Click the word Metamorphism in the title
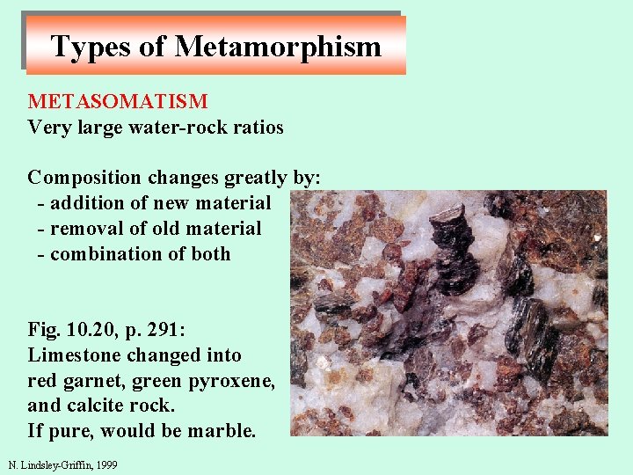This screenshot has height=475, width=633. click(278, 47)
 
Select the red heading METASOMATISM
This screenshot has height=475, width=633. click(118, 103)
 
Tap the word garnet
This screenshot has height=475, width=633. click(91, 381)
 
